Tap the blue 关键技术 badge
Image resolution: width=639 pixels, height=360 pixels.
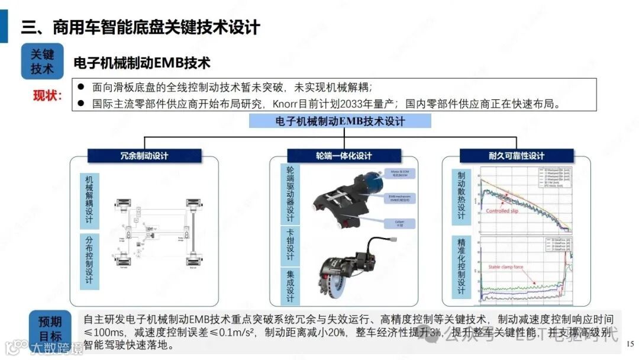(42, 62)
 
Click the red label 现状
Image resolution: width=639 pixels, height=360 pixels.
(47, 95)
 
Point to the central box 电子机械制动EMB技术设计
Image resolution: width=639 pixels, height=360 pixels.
(340, 121)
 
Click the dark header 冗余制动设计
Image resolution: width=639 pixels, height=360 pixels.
(144, 156)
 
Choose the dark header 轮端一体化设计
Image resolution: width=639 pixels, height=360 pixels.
(343, 156)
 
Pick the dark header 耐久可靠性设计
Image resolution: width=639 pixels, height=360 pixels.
(516, 156)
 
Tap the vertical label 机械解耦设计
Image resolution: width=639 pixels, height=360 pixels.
(89, 200)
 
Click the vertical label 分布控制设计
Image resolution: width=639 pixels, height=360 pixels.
(89, 261)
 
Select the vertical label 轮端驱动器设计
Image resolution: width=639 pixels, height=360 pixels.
(290, 194)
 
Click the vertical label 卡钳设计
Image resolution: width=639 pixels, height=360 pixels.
(290, 245)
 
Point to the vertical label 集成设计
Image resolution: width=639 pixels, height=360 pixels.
(290, 287)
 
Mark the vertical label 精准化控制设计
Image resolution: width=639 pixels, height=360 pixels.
(461, 266)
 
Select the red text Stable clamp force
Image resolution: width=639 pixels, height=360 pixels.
(505, 267)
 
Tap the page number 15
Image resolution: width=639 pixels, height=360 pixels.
(630, 343)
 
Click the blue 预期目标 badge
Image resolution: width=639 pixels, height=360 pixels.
(50, 329)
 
